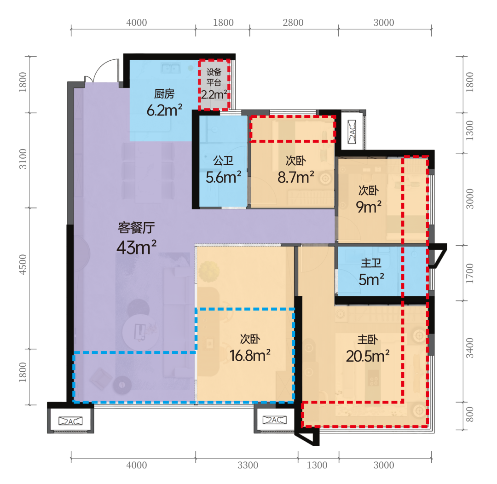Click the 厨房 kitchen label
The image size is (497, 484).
(164, 94)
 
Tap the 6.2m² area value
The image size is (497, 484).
(164, 110)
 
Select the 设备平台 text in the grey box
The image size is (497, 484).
(214, 77)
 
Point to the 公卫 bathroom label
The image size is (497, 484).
(223, 161)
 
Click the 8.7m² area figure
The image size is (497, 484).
(296, 177)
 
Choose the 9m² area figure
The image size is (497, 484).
(369, 207)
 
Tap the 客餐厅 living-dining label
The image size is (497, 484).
(136, 228)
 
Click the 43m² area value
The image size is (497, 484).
(136, 247)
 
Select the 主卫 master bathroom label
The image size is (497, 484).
(371, 263)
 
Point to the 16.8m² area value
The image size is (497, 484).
(250, 356)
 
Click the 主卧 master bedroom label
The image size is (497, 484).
(368, 340)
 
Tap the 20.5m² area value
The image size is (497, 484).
(368, 356)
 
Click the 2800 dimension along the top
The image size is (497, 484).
(293, 23)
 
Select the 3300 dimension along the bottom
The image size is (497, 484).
(248, 465)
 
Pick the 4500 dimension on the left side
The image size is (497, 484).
(23, 265)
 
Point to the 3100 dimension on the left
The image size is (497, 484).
(23, 159)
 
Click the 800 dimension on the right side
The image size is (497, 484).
(470, 414)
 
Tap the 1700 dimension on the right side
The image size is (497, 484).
(470, 274)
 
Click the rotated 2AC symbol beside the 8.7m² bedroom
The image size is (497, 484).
(352, 131)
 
